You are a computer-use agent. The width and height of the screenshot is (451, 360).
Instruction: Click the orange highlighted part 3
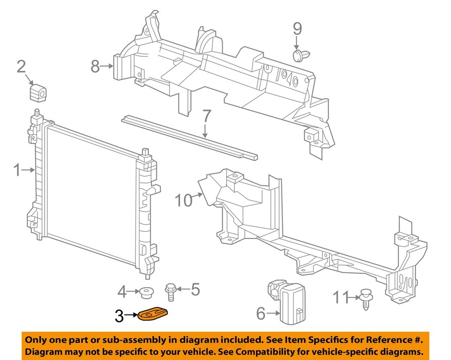[x=154, y=315]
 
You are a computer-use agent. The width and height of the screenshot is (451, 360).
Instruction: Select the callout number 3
[x=119, y=316]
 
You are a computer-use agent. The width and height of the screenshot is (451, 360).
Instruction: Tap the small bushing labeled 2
[x=39, y=93]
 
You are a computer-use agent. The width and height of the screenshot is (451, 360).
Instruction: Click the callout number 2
[x=21, y=66]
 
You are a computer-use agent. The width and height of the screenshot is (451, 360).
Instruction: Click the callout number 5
[x=195, y=289]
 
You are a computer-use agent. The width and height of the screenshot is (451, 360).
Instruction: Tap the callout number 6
[x=261, y=313]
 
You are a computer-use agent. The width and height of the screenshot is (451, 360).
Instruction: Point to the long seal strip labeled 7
[x=188, y=136]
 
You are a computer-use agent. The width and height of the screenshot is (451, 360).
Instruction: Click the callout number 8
[x=95, y=67]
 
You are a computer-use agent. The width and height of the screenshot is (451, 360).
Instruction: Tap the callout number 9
[x=297, y=29]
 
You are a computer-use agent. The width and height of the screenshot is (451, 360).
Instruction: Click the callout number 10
[x=184, y=201]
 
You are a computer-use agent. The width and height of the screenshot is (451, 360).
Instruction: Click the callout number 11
[x=341, y=297]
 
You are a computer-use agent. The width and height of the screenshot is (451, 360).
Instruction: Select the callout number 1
[x=17, y=170]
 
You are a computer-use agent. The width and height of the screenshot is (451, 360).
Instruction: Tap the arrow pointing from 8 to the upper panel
[x=108, y=67]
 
